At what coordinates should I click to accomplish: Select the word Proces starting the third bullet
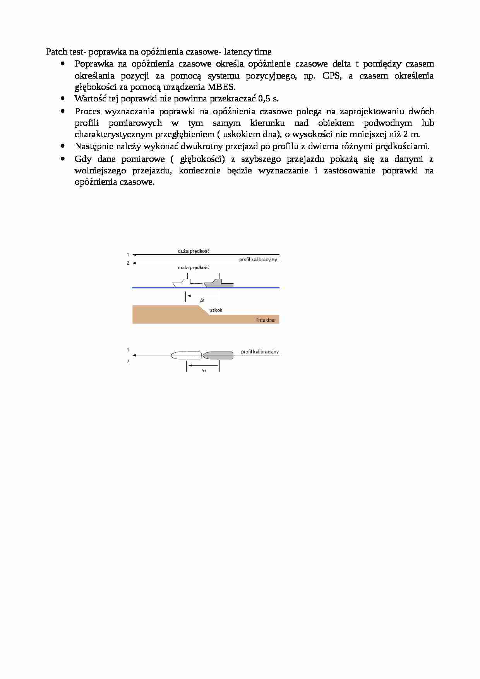[x=87, y=111]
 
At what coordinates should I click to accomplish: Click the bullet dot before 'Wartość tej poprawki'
[x=62, y=99]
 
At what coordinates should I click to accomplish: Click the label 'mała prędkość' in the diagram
[x=194, y=267]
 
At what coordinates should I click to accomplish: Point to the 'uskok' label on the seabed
[x=216, y=310]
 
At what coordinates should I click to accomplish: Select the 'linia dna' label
[x=265, y=320]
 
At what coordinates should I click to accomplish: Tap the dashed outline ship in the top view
[x=186, y=355]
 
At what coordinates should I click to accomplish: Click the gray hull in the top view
[x=218, y=355]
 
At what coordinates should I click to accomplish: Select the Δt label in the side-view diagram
[x=202, y=300]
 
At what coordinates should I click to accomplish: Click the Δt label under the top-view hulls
[x=204, y=370]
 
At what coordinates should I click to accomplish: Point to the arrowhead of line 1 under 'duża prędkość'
[x=134, y=255]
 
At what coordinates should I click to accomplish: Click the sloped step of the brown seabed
[x=204, y=310]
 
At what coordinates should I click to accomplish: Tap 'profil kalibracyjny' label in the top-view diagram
[x=260, y=352]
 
